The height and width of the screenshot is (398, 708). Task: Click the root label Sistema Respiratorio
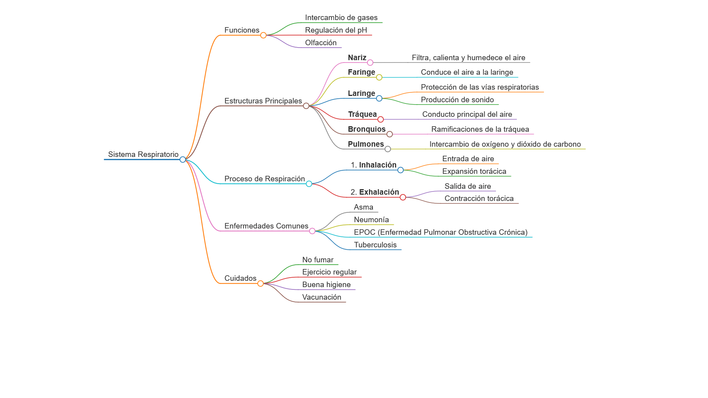coord(143,155)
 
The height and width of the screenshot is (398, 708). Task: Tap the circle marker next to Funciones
coord(264,35)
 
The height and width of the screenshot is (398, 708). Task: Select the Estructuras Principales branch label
coord(263,101)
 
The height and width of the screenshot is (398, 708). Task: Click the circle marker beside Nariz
coord(370,63)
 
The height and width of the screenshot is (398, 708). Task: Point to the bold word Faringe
coord(361,72)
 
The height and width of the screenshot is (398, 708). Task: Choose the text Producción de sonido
coord(457,100)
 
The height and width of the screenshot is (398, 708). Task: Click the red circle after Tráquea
coord(380,120)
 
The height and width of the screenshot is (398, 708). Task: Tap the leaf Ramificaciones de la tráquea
coord(480,129)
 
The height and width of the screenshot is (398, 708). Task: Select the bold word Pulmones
coord(366,144)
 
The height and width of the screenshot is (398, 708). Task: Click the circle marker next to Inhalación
coord(400,170)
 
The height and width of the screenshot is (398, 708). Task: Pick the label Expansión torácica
coord(474,171)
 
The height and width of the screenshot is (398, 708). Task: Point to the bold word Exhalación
coord(379,192)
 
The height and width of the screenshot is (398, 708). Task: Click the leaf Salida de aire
coord(468,186)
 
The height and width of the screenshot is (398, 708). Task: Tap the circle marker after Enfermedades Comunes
coord(312,231)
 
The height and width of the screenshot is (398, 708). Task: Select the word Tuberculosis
coord(375,245)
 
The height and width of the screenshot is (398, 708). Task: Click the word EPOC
coord(365,232)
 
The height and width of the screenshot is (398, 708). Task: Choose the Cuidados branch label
coord(240,278)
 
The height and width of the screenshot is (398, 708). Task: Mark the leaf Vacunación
coord(322,297)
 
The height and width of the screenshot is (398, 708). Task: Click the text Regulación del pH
coord(336,30)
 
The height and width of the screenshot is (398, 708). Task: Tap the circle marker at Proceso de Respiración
coord(309,184)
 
